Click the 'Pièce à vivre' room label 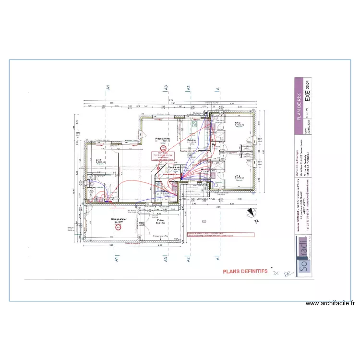point(162,139)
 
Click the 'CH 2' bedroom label point(237,176)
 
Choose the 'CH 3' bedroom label point(238,123)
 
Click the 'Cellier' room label point(165,191)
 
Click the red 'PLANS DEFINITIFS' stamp point(245,271)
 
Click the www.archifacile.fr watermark point(331,303)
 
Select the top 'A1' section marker point(108,88)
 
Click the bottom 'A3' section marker point(166,259)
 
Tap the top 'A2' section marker point(189,88)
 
